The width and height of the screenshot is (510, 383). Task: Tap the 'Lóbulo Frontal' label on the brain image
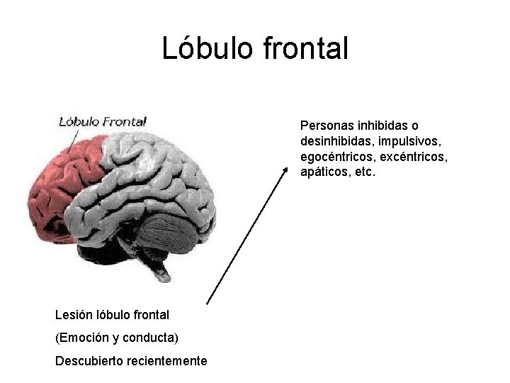(x=103, y=121)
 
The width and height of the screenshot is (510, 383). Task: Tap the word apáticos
(x=325, y=172)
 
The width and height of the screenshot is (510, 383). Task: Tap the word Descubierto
(x=89, y=361)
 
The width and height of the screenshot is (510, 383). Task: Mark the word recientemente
(x=166, y=361)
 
